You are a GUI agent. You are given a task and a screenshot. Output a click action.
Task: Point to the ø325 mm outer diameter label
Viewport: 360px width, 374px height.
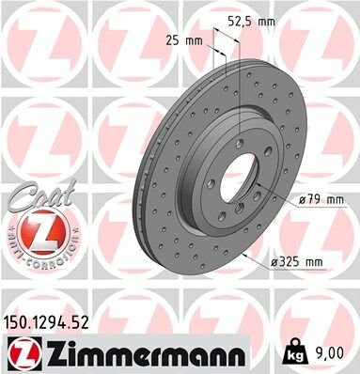pyautogui.click(x=297, y=261)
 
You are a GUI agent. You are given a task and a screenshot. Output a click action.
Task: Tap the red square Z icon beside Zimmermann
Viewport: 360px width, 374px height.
pyautogui.click(x=23, y=352)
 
